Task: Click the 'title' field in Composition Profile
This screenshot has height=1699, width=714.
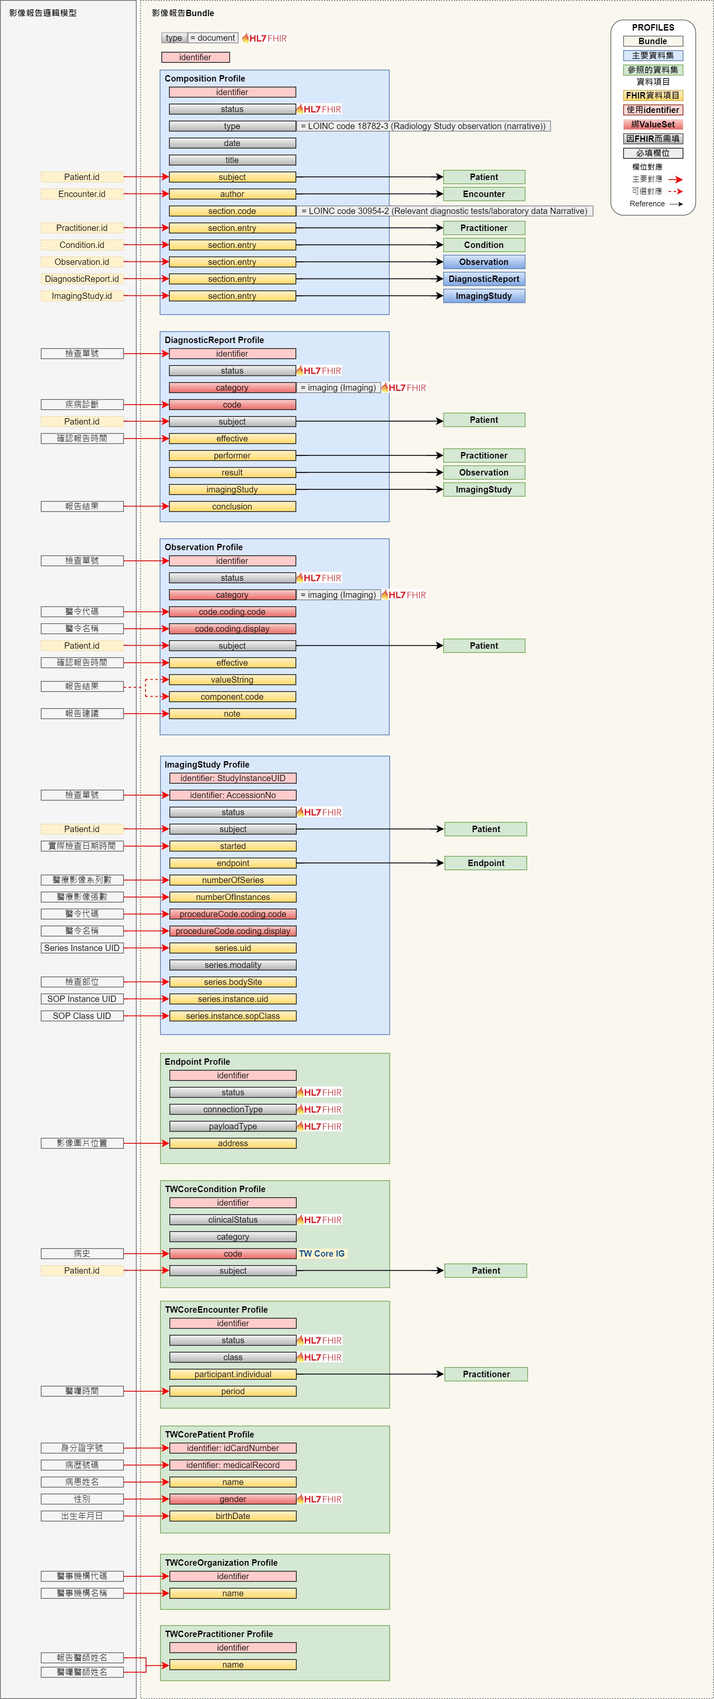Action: coord(232,160)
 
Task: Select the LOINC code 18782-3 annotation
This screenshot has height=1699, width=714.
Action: coord(423,126)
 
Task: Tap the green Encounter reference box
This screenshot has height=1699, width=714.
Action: coord(484,194)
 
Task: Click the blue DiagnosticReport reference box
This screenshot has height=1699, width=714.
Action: coord(484,279)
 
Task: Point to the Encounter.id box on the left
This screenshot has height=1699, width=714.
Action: coord(82,194)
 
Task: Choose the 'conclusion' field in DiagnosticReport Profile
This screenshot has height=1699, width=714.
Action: coord(232,506)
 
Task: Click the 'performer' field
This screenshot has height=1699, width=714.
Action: coord(232,456)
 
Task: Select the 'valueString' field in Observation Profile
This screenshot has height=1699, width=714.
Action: coord(232,680)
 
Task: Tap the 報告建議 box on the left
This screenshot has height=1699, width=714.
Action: coord(82,714)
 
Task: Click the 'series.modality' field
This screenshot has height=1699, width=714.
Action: coord(233,965)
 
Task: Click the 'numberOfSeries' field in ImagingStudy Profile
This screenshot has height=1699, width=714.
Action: coord(233,880)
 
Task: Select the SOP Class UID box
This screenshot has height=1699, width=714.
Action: coord(82,1015)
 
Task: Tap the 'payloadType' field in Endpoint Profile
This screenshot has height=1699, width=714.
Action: coord(233,1127)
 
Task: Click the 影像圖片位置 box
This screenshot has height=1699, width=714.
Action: coord(82,1143)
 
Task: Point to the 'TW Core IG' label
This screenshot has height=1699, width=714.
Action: coord(322,1254)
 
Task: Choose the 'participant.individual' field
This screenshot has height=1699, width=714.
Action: coord(233,1375)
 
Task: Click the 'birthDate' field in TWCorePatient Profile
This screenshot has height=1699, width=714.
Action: coord(233,1516)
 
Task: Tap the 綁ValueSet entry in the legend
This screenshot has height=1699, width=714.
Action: coord(653,124)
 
